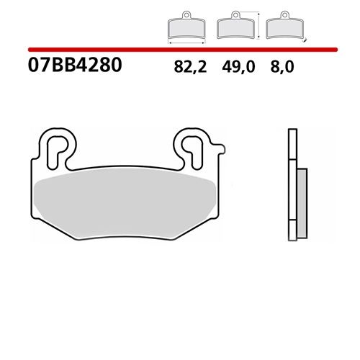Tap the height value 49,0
click(234, 67)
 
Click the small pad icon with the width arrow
click(186, 27)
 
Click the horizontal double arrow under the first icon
click(186, 42)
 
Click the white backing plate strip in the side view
click(292, 187)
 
